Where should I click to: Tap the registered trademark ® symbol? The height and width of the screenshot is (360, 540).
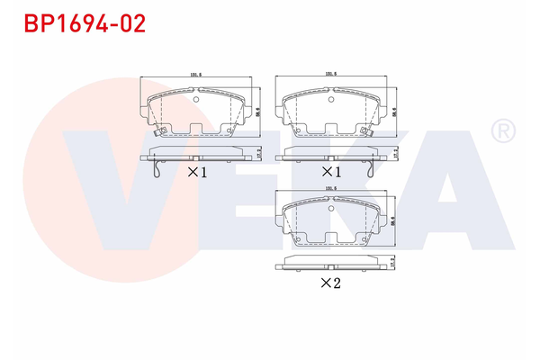499,133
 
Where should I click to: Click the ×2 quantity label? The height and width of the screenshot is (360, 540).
332,283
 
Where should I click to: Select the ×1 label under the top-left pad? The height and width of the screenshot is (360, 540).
197,171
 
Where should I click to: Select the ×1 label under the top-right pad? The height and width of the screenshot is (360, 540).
332,171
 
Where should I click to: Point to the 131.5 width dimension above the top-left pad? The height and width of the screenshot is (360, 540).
194,75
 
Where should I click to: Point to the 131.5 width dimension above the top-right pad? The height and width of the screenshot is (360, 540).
330,75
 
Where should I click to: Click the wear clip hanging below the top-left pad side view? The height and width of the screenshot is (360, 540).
157,168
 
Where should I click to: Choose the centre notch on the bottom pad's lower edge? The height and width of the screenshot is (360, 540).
330,242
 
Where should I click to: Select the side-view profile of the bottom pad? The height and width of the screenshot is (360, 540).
330,264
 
